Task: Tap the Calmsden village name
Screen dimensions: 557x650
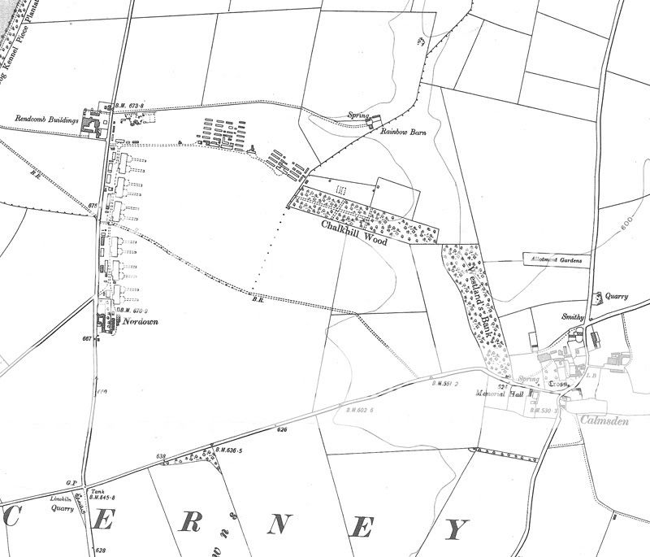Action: point(604,419)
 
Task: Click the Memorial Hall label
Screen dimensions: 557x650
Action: point(501,394)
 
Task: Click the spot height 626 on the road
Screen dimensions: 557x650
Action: point(282,429)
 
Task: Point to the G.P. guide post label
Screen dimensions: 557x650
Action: point(71,482)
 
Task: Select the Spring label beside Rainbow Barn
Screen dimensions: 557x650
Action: point(357,115)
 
